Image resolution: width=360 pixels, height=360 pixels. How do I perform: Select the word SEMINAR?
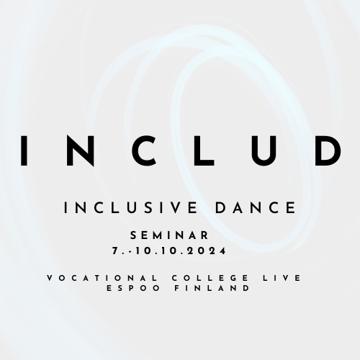(170, 235)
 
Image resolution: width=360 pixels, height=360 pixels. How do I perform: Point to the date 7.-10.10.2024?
(170, 251)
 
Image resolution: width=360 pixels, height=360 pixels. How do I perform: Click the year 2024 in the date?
(212, 251)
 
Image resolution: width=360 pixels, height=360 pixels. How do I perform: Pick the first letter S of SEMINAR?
(135, 235)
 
